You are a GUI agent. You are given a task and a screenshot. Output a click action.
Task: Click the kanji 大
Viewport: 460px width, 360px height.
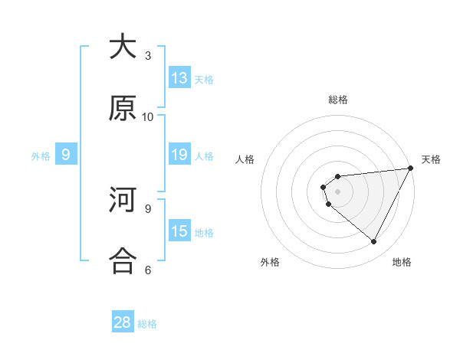coord(123,47)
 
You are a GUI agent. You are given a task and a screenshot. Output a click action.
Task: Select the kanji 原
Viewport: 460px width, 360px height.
coord(123,109)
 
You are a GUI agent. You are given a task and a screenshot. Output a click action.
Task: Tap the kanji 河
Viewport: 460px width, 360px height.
coord(123,201)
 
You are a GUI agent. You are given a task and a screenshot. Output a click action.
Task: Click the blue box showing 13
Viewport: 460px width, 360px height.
coord(179,78)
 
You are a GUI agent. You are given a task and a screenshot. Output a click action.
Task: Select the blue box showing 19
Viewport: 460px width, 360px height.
coord(179,155)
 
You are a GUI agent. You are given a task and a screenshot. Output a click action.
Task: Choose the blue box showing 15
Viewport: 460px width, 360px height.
coord(179,231)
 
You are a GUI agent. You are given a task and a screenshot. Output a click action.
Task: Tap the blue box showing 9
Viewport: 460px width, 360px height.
coord(66,155)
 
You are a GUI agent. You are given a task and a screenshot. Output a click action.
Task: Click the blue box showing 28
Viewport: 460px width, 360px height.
coord(123,322)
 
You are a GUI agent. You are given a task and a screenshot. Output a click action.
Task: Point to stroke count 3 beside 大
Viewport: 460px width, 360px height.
coord(148,55)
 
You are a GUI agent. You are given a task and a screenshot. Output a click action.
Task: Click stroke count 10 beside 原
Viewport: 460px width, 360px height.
coord(148,116)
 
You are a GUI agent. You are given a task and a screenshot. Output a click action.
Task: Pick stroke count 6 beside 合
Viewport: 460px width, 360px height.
coord(148,270)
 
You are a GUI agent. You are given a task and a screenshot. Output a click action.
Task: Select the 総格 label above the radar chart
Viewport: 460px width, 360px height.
coord(338,100)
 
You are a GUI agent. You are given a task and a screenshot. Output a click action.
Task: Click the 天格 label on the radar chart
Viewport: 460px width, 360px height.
coord(431,159)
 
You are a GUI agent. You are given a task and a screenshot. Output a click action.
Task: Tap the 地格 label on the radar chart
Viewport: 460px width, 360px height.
coord(402,262)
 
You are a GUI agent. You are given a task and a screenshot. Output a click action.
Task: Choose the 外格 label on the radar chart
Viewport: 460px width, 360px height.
coord(270,262)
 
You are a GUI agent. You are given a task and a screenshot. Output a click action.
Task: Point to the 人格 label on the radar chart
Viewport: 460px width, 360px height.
coord(245,159)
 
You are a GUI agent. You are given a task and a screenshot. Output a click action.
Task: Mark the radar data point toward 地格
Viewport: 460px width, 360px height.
coord(374,242)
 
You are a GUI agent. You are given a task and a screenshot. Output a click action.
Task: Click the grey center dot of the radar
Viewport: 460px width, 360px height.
coord(338,191)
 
